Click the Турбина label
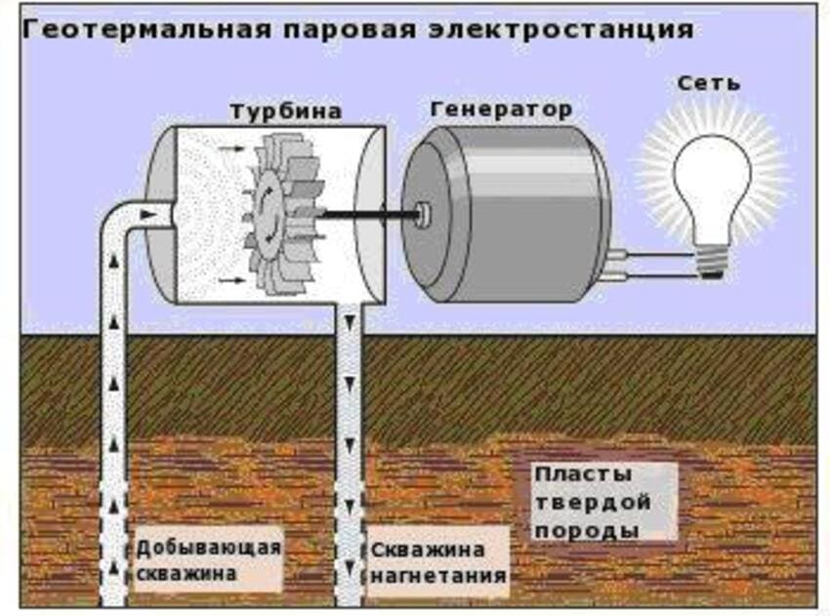286,110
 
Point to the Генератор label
501,108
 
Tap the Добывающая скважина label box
209,560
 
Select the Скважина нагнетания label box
438,562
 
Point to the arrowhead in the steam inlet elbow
147,211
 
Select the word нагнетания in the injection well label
439,576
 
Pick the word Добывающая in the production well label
209,547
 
